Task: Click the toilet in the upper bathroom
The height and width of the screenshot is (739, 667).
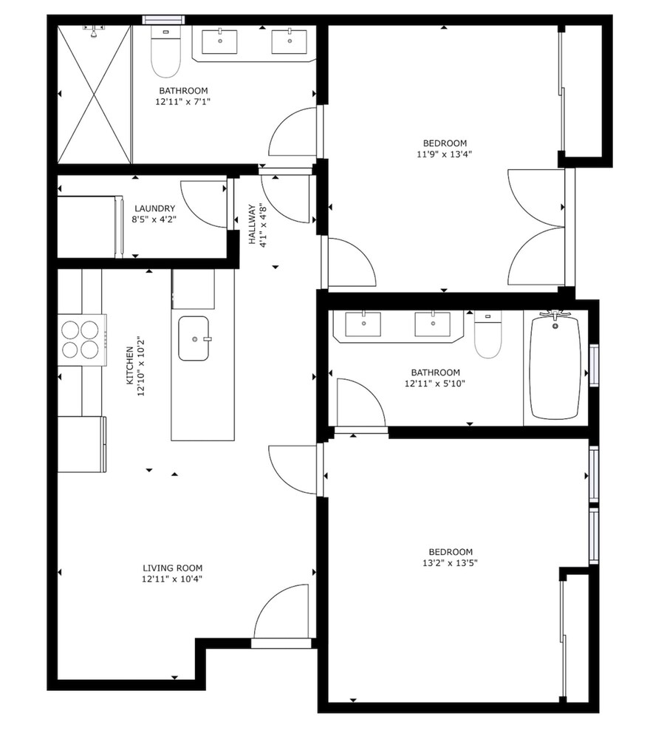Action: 165,51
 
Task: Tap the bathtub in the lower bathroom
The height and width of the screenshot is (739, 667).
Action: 555,367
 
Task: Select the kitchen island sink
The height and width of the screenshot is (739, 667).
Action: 193,338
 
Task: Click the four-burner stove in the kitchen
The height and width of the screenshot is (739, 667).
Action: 83,339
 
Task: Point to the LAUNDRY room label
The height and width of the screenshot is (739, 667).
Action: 154,208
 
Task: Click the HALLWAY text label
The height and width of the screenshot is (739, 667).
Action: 252,225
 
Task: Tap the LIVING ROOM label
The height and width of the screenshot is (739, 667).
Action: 172,568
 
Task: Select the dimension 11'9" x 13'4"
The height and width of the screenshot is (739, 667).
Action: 445,154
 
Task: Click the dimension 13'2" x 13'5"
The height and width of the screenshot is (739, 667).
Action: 451,562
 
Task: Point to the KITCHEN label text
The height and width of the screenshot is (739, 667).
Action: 130,367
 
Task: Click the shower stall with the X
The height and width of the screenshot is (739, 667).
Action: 95,95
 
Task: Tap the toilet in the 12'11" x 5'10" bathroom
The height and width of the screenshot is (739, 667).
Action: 488,334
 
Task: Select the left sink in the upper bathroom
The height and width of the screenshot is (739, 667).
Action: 219,41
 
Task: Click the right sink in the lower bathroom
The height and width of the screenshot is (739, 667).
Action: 432,324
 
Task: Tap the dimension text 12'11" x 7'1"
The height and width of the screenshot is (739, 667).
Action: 182,101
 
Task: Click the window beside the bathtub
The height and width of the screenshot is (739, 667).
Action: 594,366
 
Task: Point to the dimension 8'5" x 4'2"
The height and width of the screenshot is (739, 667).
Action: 154,219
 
